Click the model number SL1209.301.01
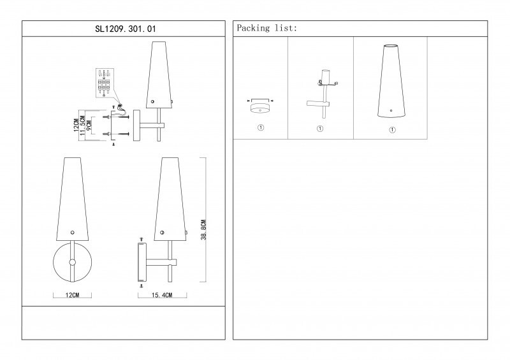124,29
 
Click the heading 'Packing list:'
266,29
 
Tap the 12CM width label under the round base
72,296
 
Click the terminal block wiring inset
105,83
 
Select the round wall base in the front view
72,262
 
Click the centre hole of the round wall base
72,262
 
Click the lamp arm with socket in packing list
323,96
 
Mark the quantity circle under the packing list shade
391,129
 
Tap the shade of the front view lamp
72,198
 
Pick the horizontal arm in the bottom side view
161,261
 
